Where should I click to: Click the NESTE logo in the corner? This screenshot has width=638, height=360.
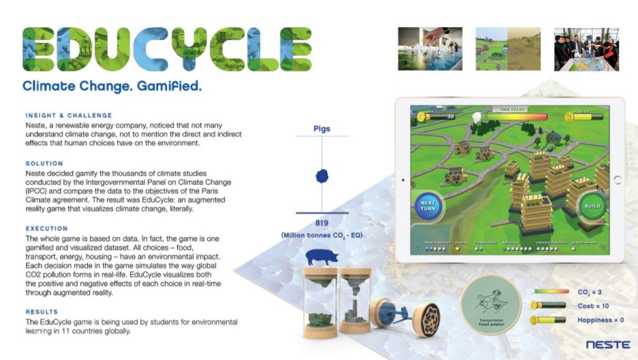click(x=607, y=344)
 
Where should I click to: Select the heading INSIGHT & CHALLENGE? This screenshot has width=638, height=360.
click(x=69, y=116)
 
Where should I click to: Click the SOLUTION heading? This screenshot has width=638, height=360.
click(x=44, y=163)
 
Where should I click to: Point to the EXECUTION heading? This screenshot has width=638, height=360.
click(x=47, y=229)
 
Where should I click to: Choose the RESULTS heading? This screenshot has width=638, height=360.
click(x=42, y=311)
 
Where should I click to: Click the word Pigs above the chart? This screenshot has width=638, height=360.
click(x=322, y=127)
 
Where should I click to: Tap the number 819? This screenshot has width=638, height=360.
click(x=322, y=223)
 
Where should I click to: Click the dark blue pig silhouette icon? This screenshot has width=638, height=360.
click(x=322, y=257)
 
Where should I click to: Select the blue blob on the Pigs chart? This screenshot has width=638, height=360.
click(x=322, y=176)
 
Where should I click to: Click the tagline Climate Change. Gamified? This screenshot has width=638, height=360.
click(x=112, y=86)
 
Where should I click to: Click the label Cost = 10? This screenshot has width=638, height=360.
click(x=593, y=306)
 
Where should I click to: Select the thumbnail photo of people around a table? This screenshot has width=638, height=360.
click(x=586, y=49)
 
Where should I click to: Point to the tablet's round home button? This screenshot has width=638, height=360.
click(x=617, y=180)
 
